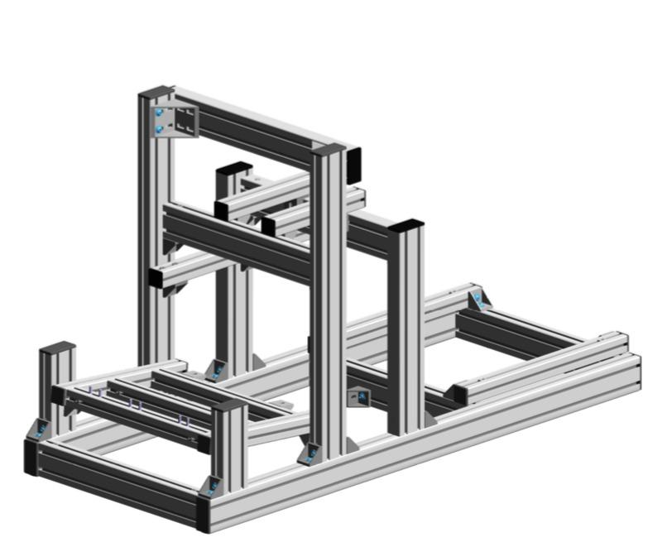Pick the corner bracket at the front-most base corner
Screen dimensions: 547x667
(x=214, y=485)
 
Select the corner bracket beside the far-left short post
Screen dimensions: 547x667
(x=39, y=429)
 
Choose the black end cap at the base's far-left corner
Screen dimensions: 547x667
(x=31, y=457)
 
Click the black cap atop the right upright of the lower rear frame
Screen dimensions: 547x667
(x=405, y=225)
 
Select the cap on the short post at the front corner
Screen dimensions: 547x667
(x=229, y=405)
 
